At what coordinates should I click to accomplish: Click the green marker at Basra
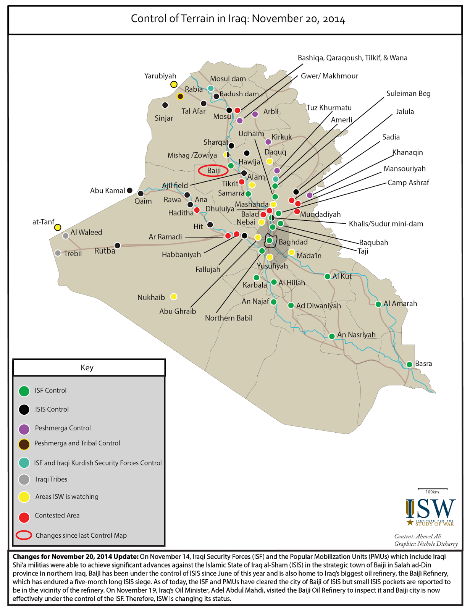[x=409, y=364]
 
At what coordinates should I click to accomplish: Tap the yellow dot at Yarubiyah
[x=174, y=84]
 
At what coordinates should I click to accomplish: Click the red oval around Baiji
[x=213, y=171]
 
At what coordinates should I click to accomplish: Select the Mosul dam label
[x=228, y=79]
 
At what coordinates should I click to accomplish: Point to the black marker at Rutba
[x=118, y=246]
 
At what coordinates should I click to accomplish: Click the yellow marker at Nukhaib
[x=174, y=296]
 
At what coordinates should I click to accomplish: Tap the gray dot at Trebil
[x=58, y=253]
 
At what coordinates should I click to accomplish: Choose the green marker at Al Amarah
[x=378, y=304]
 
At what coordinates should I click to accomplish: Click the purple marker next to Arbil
[x=255, y=114]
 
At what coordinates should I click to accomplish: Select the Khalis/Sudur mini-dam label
[x=386, y=224]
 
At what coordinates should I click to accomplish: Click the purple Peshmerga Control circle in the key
[x=24, y=429]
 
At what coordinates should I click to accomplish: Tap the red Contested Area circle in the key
[x=24, y=517]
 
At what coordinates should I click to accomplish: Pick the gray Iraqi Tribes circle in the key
[x=24, y=479]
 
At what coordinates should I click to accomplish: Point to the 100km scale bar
[x=432, y=489]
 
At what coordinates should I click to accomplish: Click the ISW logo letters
[x=431, y=509]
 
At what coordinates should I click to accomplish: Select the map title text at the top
[x=238, y=19]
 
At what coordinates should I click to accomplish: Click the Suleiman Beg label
[x=408, y=94]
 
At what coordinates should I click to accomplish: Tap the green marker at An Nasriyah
[x=332, y=336]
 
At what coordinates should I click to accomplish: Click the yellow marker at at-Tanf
[x=58, y=227]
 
